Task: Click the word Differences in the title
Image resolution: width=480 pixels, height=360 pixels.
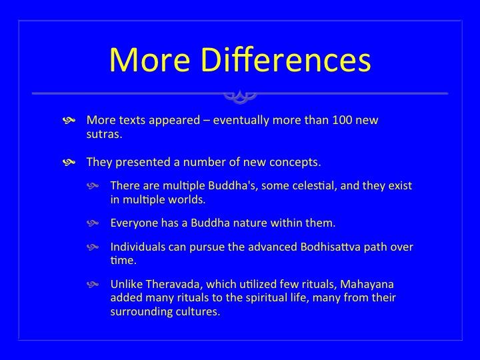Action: (286, 59)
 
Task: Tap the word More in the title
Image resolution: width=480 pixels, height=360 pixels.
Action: (150, 59)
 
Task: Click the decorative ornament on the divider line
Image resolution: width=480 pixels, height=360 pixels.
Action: (240, 97)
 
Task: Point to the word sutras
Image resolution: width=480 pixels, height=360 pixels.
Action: (105, 135)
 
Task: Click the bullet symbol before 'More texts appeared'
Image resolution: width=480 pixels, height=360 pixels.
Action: (69, 120)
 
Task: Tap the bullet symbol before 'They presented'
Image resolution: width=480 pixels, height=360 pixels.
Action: (69, 162)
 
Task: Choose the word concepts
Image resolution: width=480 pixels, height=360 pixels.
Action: (295, 163)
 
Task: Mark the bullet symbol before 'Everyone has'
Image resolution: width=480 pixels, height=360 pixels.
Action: (93, 223)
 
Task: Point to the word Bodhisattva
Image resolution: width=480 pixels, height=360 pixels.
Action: (330, 247)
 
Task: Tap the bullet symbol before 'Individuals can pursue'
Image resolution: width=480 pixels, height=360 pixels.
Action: (93, 247)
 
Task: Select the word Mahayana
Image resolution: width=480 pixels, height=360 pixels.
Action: (367, 285)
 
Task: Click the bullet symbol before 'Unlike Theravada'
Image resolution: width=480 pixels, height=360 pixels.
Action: (93, 285)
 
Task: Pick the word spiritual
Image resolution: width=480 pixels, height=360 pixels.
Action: (266, 298)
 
